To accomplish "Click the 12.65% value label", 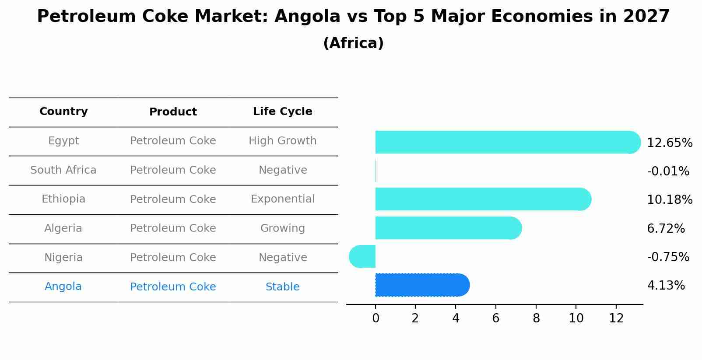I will pos(669,143).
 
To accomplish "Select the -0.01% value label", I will pos(668,171).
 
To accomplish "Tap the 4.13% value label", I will pos(666,286).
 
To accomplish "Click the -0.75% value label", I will pos(668,257).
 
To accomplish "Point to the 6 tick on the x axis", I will pos(495,318).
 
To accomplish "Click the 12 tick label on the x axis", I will pos(616,318).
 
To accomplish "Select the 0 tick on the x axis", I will pos(376,318).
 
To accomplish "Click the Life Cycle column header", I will pos(282,112).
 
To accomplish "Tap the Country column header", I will pos(63,112).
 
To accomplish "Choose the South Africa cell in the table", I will pos(63,170).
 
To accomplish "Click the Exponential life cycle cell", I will pos(282,199).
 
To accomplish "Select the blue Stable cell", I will pos(282,287).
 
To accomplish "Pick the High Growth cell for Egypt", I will pos(282,141).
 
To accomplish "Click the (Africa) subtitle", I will pos(353,43).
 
